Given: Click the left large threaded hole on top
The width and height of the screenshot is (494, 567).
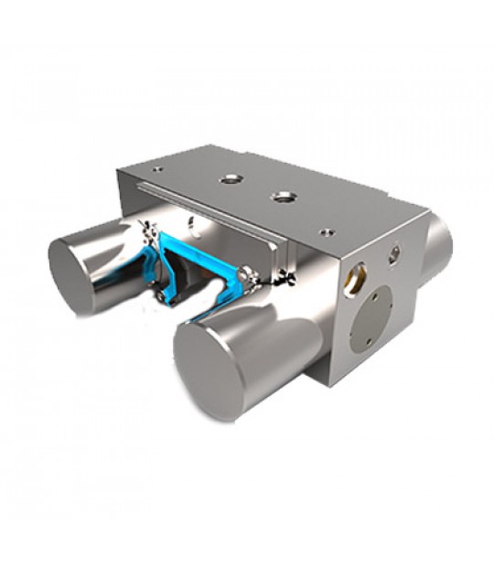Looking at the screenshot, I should point(228,180).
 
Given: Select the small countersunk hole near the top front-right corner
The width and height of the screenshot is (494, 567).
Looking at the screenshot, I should point(325,232).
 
